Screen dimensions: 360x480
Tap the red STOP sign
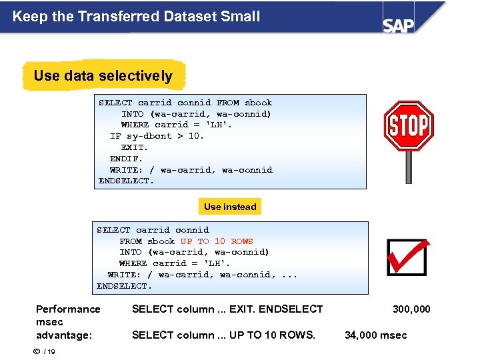(408, 125)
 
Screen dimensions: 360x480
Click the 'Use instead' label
(230, 207)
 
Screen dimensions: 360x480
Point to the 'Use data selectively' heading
(103, 76)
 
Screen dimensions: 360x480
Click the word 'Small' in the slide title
(239, 16)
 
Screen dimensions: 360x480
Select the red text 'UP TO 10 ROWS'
(217, 241)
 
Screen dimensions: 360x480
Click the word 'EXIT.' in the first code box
(135, 147)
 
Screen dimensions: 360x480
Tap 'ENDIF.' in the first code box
(127, 159)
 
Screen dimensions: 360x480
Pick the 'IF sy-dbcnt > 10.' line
(157, 136)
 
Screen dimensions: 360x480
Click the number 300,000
(411, 309)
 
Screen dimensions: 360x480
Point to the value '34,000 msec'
(375, 335)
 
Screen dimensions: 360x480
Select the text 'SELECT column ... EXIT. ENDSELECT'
(227, 309)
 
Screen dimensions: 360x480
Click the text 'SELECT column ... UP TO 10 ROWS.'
(223, 335)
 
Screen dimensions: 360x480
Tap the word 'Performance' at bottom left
(68, 309)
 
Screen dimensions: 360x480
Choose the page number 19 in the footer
(51, 353)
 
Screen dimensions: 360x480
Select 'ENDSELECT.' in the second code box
(125, 286)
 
